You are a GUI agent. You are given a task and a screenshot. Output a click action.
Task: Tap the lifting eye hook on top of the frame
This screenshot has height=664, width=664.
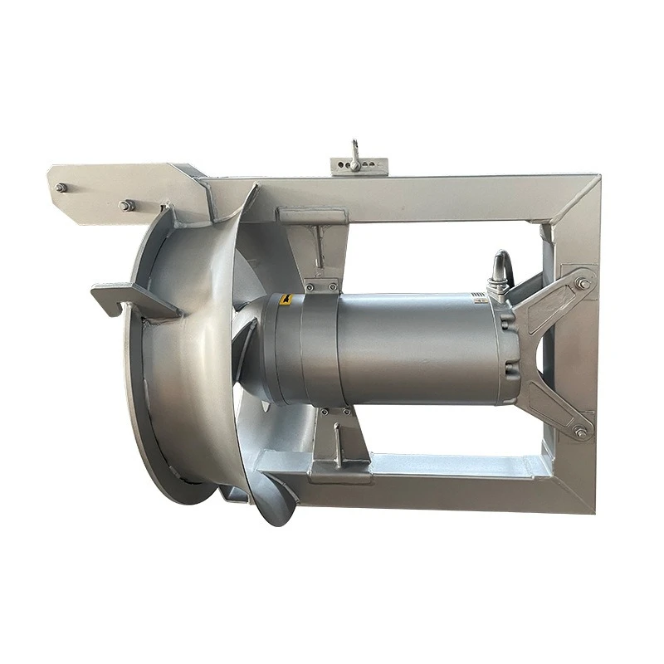(x=355, y=155)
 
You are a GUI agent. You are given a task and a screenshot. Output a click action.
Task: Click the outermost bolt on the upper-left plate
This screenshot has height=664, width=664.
(x=61, y=188)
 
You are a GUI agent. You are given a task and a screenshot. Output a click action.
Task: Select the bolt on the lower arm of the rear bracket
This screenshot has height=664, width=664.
(x=579, y=432)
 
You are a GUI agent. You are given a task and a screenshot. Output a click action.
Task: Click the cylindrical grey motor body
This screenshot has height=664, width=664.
(x=398, y=349)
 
